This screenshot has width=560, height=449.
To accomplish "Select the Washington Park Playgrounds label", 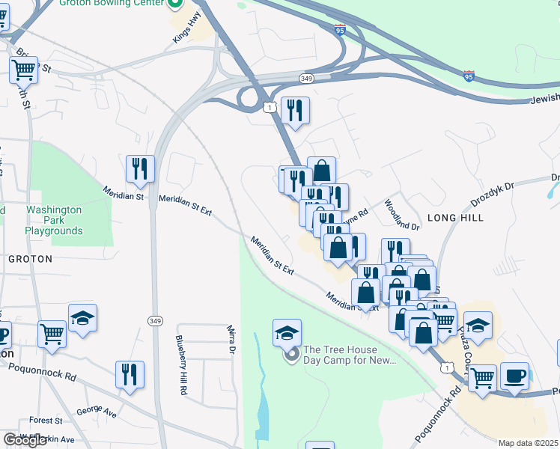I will pos(53,221).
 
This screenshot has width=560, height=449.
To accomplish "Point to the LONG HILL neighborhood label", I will pos(455,218).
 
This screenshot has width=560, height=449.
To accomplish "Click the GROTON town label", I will pos(30,259).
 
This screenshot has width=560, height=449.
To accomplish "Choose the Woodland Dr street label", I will pos(402,214).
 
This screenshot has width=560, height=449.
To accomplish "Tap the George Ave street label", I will pos(97,412).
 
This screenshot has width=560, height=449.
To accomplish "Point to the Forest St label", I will pos(46,421).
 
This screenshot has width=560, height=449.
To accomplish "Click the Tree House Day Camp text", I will pos(349,355).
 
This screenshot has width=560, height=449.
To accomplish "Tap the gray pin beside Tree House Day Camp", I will pos(292,353).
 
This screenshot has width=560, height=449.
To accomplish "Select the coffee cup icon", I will pos(514,376).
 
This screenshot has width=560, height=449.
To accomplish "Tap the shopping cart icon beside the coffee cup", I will pos(482,379).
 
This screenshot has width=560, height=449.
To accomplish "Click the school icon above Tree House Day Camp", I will pos(287,332).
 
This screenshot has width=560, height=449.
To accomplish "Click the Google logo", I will pos(25,441).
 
